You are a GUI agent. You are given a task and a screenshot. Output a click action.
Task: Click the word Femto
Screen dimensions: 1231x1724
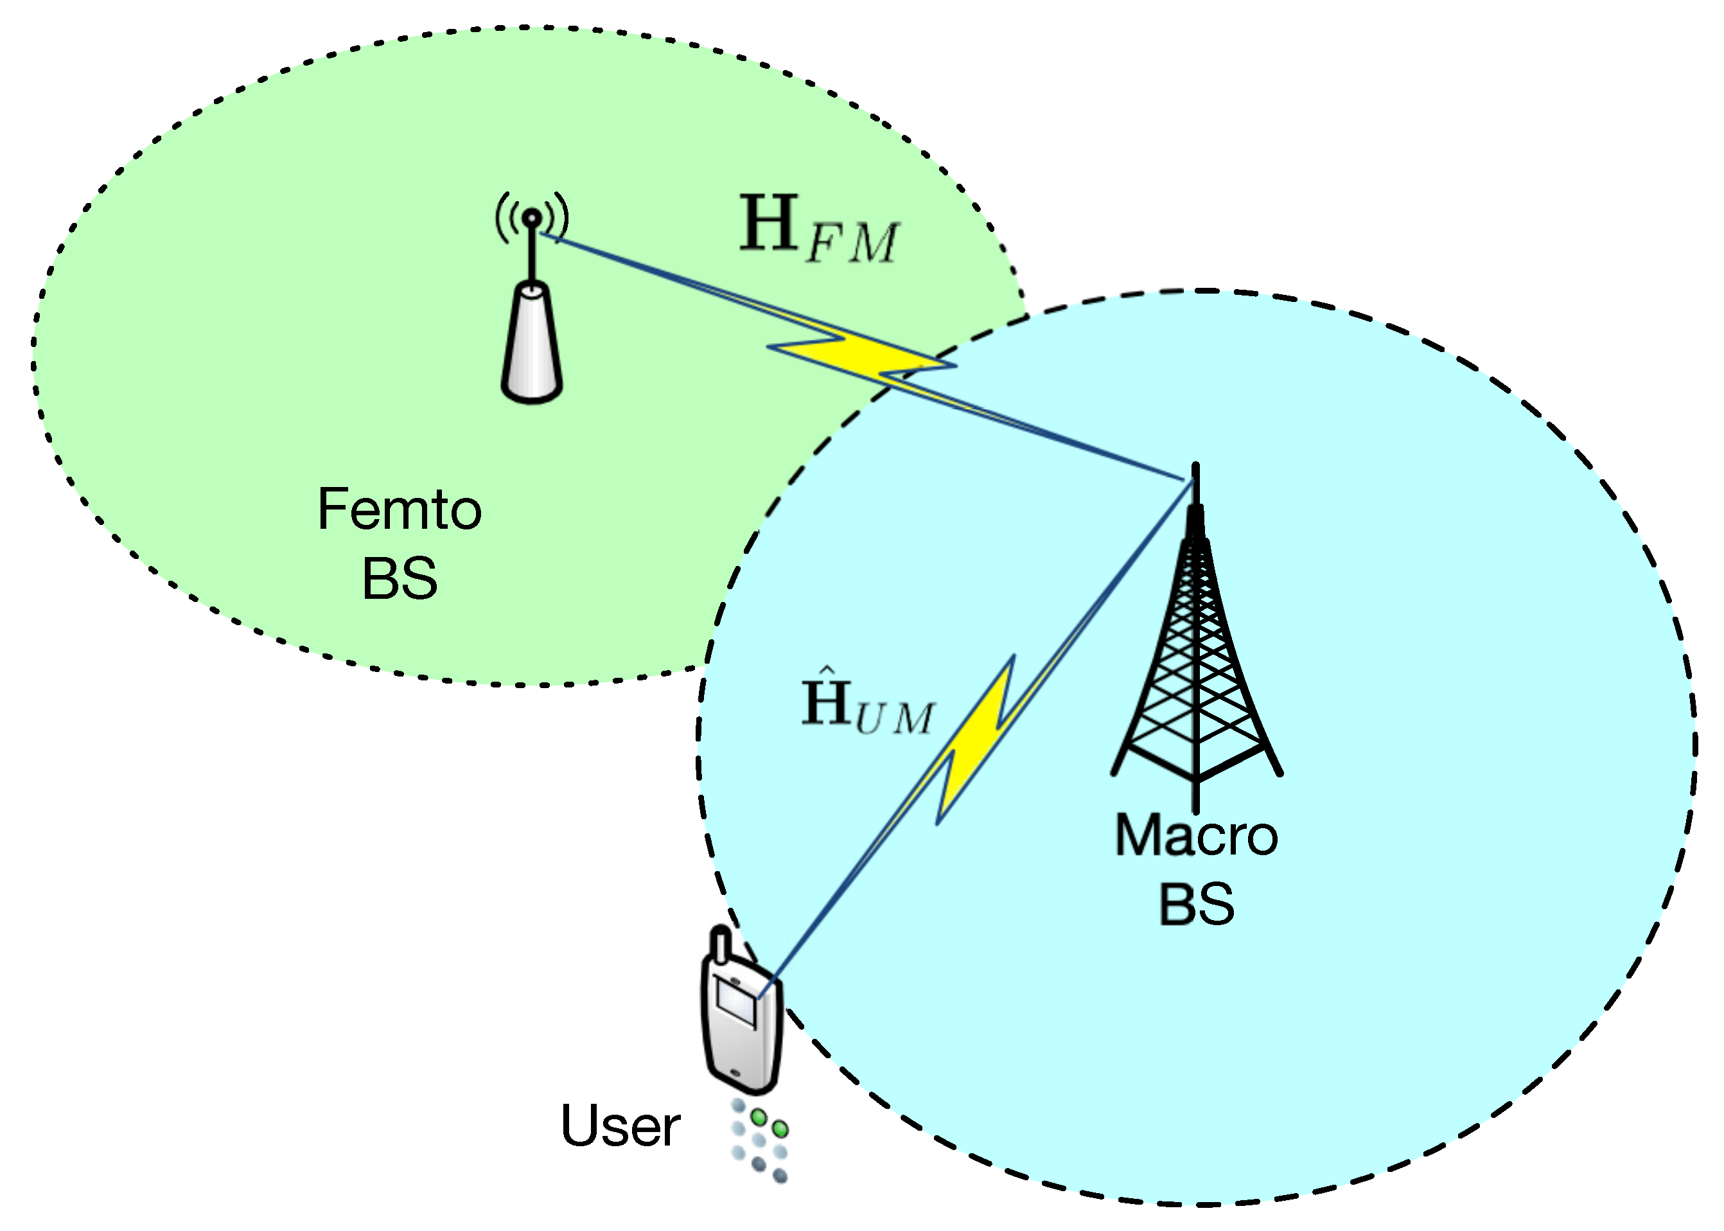tap(400, 509)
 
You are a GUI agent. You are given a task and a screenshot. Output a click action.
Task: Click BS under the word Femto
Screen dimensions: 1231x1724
tap(400, 578)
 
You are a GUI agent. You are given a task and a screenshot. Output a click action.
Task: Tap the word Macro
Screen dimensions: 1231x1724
tap(1196, 836)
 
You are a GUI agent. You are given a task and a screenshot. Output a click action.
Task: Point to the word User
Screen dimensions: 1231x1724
tap(619, 1126)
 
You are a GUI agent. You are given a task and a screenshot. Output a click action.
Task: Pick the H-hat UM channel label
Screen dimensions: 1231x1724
tap(867, 705)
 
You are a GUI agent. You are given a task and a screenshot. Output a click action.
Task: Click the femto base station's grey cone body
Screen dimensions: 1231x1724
tap(531, 345)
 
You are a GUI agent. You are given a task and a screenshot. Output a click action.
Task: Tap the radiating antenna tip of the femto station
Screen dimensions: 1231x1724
tap(532, 218)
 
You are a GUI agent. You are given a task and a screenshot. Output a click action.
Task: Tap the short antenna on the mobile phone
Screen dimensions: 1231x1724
tap(721, 943)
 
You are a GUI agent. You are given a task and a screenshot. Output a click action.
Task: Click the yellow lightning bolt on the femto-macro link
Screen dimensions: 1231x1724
tap(864, 357)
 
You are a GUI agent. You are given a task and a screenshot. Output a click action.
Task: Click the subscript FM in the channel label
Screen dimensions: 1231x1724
tap(852, 244)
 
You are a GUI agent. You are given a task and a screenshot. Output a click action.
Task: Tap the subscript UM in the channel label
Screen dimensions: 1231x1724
tap(894, 718)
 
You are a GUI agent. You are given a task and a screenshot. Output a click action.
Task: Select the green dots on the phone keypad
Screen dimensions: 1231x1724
tap(768, 1122)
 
